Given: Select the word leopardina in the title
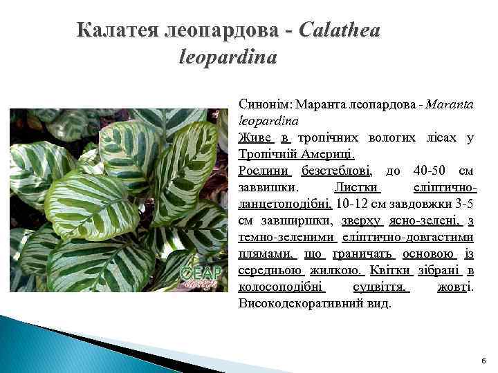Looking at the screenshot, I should [228, 57].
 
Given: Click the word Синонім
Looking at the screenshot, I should [264, 105].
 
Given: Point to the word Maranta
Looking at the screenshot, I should [450, 105].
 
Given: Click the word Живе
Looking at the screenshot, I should [256, 137].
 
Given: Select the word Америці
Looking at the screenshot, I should [325, 153].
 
